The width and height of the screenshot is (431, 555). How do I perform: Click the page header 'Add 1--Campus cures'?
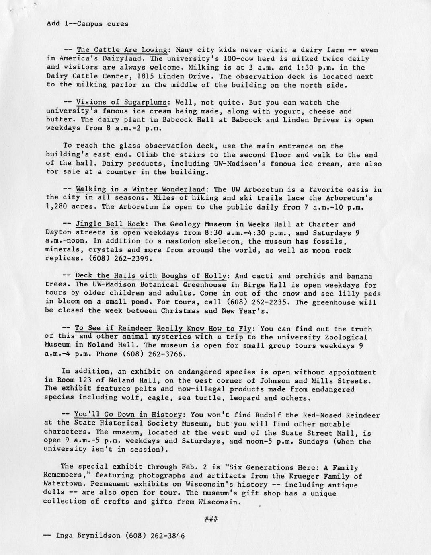[x=88, y=23]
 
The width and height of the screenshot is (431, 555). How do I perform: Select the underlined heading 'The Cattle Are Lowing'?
[x=122, y=50]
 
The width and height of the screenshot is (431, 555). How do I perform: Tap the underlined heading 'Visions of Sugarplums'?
[x=121, y=103]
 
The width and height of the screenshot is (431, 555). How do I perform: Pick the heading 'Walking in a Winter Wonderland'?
[x=141, y=189]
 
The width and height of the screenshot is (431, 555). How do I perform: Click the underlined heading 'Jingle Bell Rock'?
[x=110, y=224]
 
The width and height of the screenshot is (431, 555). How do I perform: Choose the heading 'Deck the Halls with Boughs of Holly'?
[x=151, y=276]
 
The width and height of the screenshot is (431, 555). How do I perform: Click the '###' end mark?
[x=211, y=520]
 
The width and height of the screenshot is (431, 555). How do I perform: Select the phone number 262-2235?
[x=271, y=302]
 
